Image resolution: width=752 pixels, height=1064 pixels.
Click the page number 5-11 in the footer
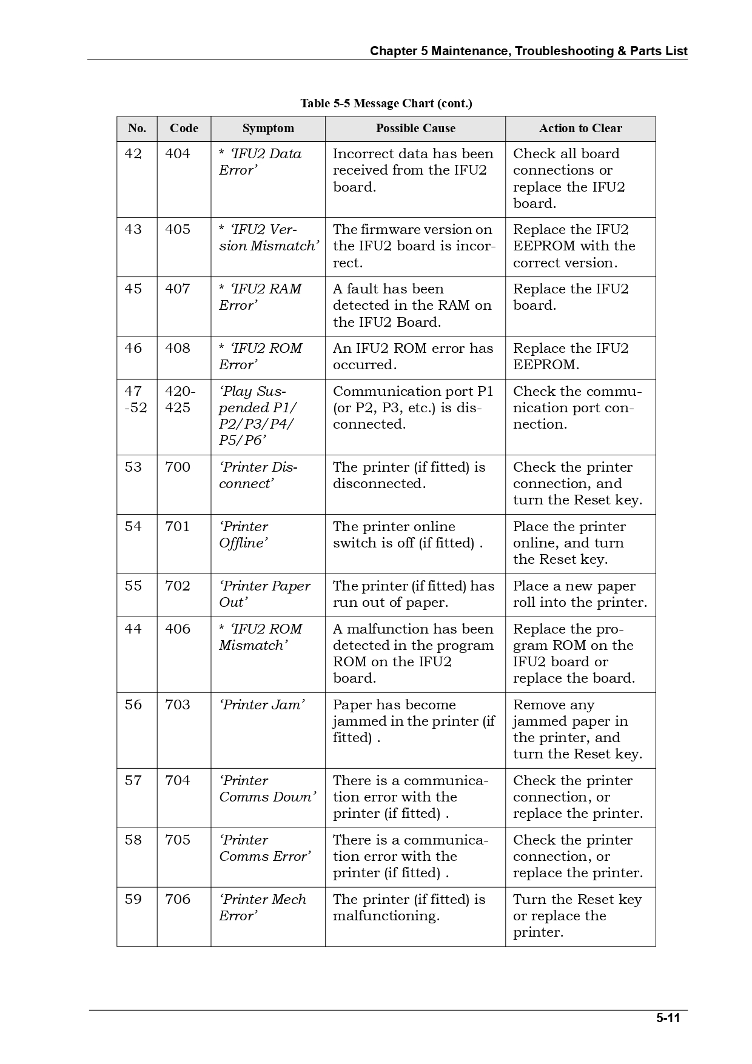(x=668, y=1018)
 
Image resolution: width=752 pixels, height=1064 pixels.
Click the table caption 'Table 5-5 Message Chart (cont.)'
(x=386, y=103)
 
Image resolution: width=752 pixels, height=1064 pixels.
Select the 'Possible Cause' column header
(x=415, y=129)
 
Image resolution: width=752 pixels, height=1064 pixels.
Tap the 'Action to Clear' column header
(x=580, y=129)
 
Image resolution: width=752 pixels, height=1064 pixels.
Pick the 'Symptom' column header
(x=267, y=129)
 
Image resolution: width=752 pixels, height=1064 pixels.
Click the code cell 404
(x=178, y=154)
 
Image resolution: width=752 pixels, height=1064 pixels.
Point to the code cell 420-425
(x=180, y=400)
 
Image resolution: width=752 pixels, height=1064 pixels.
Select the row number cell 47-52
(x=135, y=400)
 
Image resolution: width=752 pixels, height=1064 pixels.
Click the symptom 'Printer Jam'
(x=262, y=705)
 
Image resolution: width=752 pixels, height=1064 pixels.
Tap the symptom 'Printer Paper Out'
(x=264, y=594)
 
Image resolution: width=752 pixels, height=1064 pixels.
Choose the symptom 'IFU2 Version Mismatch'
(x=268, y=238)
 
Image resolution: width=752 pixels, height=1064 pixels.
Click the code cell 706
(x=178, y=900)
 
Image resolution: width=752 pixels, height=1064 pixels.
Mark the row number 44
(x=133, y=629)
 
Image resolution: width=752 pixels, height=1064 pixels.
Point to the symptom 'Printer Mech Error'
(x=263, y=908)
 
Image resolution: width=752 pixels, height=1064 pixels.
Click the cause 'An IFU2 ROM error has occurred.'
(x=413, y=356)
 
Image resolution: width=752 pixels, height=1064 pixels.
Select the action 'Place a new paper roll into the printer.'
(x=580, y=594)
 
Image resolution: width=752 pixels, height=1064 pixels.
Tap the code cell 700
(x=178, y=467)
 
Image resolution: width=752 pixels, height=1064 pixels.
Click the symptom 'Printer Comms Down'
(x=267, y=789)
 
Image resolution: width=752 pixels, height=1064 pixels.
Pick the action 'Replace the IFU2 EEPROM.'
(x=571, y=356)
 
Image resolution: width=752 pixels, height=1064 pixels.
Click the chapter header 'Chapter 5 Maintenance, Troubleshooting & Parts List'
(x=528, y=52)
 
